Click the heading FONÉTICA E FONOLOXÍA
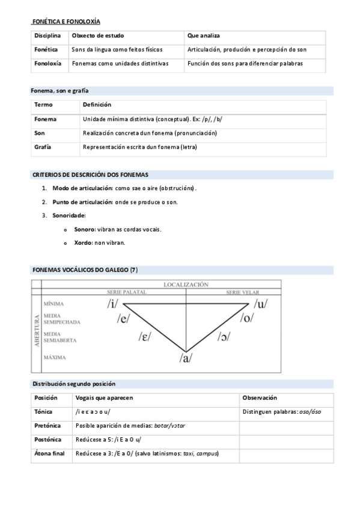66,22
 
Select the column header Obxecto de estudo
97,36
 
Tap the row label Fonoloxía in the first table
47,63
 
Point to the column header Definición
97,105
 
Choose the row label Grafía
42,147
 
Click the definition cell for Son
150,133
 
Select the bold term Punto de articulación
82,201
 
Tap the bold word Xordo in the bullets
83,242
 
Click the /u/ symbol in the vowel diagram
260,303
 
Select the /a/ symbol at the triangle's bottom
186,358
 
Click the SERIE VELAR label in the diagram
242,292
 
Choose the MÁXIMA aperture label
53,357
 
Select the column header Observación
260,398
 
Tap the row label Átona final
49,453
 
